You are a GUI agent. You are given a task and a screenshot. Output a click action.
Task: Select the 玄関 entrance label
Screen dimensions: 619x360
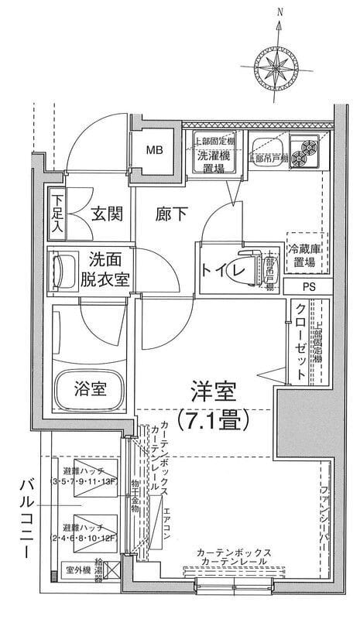tap(106, 214)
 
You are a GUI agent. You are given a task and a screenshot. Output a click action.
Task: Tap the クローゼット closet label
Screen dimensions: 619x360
tap(299, 341)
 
